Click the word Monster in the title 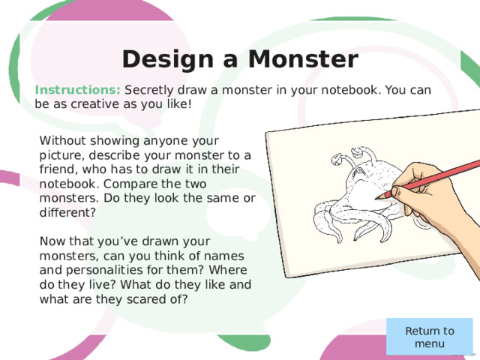[x=303, y=59]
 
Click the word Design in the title [x=168, y=60]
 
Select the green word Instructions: [x=78, y=90]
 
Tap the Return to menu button [x=430, y=337]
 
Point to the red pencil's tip [x=376, y=199]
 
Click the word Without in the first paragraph [x=62, y=140]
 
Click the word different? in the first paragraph [x=67, y=212]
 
